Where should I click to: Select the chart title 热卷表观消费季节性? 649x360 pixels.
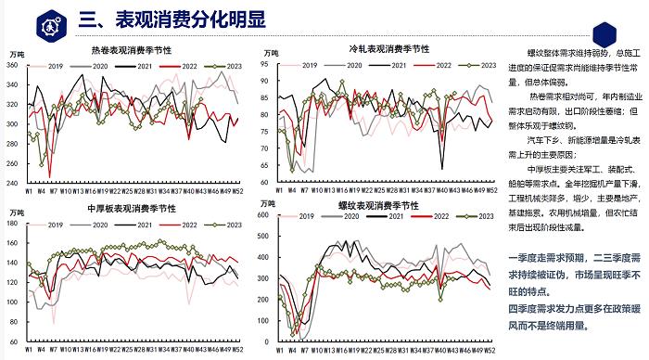(x=130, y=52)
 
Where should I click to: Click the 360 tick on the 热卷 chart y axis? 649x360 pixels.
(x=12, y=64)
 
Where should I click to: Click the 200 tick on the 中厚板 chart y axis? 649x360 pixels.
(x=12, y=232)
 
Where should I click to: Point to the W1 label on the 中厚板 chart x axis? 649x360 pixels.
(x=30, y=352)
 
